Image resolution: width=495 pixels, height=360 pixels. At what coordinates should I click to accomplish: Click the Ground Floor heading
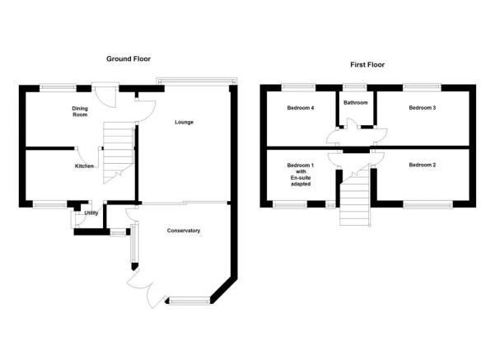pyautogui.click(x=128, y=58)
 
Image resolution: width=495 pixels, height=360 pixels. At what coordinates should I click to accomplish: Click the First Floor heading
pyautogui.click(x=367, y=65)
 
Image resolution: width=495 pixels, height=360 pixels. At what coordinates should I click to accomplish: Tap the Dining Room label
pyautogui.click(x=80, y=111)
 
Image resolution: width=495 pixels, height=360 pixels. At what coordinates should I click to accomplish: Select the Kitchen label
pyautogui.click(x=84, y=166)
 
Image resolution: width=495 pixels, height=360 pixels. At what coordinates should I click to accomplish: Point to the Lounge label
pyautogui.click(x=184, y=122)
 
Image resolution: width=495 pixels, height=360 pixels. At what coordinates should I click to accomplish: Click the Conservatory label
pyautogui.click(x=184, y=231)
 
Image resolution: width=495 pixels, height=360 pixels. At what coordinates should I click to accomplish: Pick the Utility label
pyautogui.click(x=91, y=213)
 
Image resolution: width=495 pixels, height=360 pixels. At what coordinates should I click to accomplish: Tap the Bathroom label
pyautogui.click(x=356, y=103)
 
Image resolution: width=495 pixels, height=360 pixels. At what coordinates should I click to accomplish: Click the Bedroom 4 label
pyautogui.click(x=301, y=108)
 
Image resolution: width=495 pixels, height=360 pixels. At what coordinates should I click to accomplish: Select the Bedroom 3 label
pyautogui.click(x=422, y=108)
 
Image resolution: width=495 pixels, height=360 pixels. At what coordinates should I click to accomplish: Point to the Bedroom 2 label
pyautogui.click(x=422, y=165)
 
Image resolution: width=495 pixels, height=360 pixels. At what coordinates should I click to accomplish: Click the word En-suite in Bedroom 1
pyautogui.click(x=301, y=178)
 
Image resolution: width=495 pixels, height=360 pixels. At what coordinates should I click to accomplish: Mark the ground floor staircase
pyautogui.click(x=118, y=153)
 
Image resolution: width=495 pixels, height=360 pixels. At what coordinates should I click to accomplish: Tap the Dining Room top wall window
pyautogui.click(x=58, y=88)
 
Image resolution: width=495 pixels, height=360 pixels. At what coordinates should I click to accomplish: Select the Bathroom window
pyautogui.click(x=355, y=87)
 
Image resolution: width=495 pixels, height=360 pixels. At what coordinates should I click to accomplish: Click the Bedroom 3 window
pyautogui.click(x=422, y=87)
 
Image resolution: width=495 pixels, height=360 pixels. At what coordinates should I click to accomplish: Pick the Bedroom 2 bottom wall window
pyautogui.click(x=427, y=204)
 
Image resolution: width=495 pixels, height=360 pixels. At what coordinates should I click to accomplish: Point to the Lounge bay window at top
pyautogui.click(x=196, y=82)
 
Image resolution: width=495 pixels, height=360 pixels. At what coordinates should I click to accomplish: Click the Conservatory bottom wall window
pyautogui.click(x=189, y=301)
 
